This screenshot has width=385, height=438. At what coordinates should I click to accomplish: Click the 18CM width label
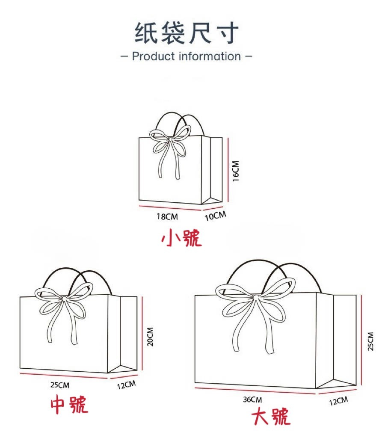coord(167,216)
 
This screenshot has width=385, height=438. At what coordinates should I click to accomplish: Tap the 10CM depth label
coord(216,216)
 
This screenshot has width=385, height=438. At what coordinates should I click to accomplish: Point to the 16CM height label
coord(236,171)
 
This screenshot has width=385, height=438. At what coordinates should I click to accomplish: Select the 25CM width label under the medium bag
coord(60,385)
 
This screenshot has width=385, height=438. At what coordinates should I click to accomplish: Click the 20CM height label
coord(150,337)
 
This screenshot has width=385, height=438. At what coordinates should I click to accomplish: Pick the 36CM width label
coord(252,400)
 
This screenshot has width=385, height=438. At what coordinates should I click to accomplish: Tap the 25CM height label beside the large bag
coord(370,341)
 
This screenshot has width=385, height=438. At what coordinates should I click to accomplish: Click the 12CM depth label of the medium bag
coord(126,385)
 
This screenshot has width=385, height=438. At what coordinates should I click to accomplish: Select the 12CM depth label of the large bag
coord(338,401)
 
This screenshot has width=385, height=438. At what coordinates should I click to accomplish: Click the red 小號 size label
coord(181,238)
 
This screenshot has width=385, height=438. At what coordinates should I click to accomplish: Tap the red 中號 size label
coord(69,404)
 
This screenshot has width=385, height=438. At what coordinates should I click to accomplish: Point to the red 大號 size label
coord(271,417)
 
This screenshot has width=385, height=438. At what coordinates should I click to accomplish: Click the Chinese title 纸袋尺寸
coord(187,33)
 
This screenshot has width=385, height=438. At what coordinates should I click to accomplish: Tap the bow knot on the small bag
coord(170,139)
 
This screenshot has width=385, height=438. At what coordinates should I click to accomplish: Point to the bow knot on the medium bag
coord(64,299)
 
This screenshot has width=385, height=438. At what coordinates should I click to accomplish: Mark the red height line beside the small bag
coord(228,169)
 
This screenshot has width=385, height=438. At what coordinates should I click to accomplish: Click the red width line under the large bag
coord(255,391)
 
